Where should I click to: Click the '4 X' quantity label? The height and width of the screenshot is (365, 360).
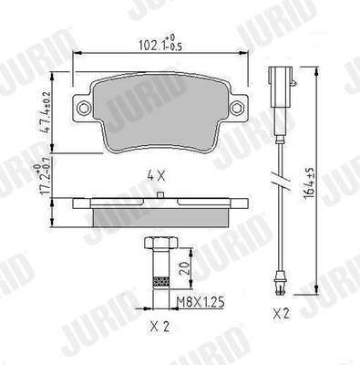tap(158, 174)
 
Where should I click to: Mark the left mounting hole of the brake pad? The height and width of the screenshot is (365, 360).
tap(85, 108)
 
